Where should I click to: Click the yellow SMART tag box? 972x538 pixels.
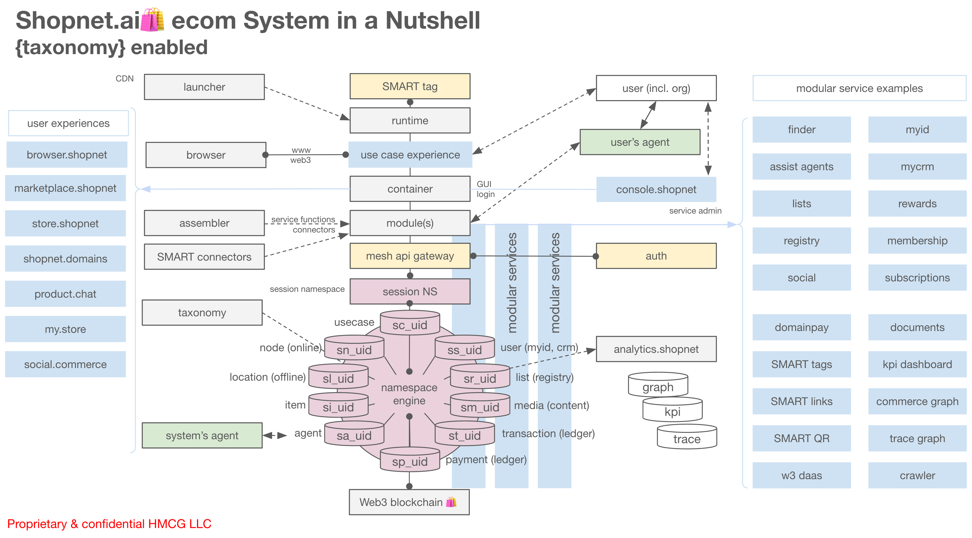(410, 86)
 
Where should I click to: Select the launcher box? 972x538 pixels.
(204, 87)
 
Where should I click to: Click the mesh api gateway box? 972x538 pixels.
(410, 256)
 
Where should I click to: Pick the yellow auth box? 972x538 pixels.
(656, 256)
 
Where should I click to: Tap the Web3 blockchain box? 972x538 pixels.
(409, 502)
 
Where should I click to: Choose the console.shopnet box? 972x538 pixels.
(656, 189)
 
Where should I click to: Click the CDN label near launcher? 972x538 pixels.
(125, 79)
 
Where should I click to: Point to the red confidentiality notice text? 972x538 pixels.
(109, 524)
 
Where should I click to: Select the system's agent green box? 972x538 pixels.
(202, 435)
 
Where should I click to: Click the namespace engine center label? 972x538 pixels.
(409, 394)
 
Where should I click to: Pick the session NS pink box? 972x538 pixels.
(410, 291)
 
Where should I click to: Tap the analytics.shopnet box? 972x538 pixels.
(656, 349)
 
